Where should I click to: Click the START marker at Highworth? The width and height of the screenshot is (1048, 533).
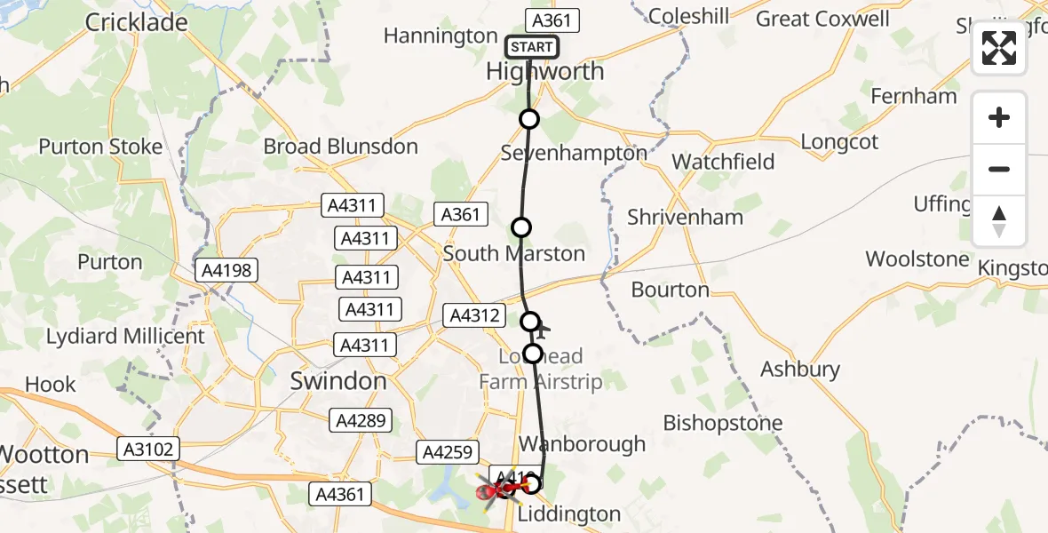point(532,47)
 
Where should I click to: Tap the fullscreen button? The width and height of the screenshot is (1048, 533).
point(999,49)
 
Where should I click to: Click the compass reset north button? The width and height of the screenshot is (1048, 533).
point(999,221)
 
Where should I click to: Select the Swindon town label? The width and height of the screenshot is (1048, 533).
point(338,382)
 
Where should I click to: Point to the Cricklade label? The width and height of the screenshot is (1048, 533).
point(137,22)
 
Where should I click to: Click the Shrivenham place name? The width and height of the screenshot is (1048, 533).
point(685,217)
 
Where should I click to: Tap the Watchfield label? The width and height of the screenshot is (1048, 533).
point(723,162)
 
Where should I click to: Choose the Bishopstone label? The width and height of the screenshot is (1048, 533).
point(723,423)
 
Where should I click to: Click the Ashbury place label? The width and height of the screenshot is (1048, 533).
point(800,369)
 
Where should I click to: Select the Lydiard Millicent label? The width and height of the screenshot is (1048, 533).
point(125,336)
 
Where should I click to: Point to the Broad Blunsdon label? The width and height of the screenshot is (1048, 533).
point(340,147)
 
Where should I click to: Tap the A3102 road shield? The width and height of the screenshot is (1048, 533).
point(147,449)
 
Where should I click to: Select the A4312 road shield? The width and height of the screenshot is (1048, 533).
point(475,314)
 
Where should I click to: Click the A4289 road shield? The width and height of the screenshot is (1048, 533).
point(360,420)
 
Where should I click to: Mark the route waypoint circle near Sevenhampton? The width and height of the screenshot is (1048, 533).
point(529,119)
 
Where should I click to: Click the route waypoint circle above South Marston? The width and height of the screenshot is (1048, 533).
point(521,227)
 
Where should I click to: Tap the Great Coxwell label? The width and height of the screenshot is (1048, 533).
point(822,19)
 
